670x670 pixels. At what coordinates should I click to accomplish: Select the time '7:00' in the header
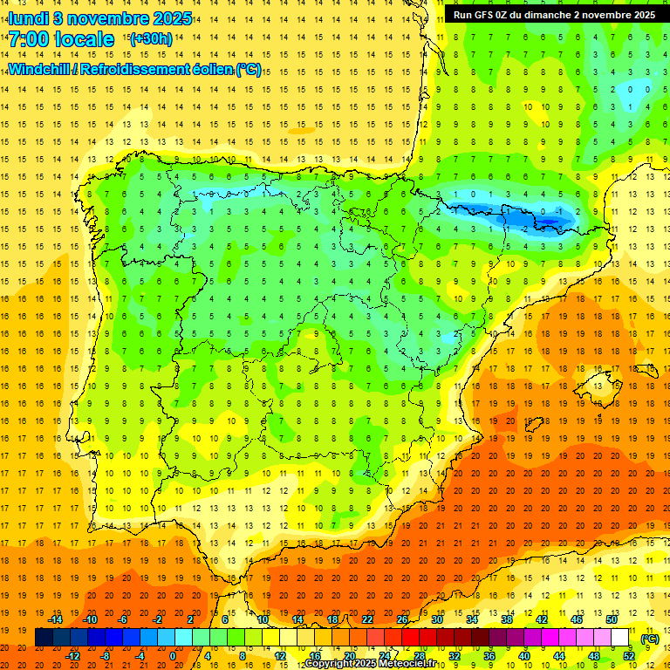click(30, 39)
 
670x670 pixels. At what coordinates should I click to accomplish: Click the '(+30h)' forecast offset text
click(150, 39)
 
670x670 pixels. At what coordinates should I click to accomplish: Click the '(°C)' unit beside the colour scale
click(649, 639)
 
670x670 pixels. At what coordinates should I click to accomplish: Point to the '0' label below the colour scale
click(172, 656)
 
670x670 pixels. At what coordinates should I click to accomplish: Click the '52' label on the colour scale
click(629, 656)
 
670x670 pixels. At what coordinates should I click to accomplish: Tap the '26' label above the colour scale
click(401, 619)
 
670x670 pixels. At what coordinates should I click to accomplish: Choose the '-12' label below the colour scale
click(72, 656)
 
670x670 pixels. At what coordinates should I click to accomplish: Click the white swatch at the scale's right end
click(620, 638)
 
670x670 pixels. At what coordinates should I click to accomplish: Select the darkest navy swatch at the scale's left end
click(44, 638)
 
